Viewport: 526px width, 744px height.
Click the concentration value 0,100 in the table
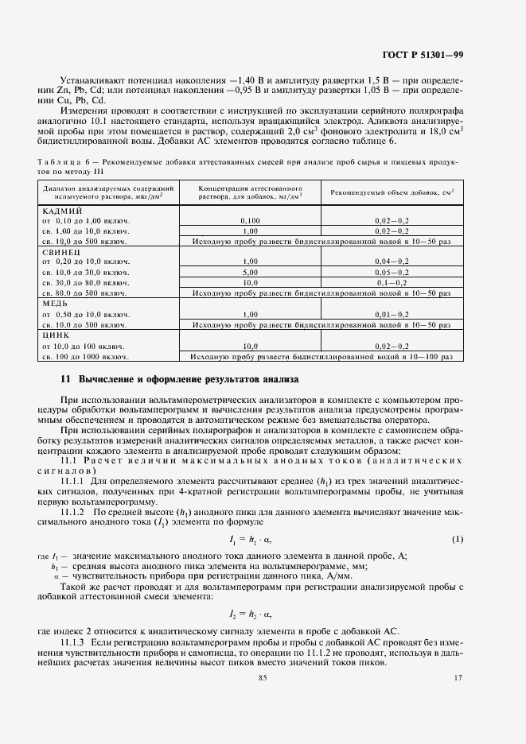[x=251, y=219]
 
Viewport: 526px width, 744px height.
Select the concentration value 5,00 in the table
[x=251, y=272]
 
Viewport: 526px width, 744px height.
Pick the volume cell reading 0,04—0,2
[x=392, y=262]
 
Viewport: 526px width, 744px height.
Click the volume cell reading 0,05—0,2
[x=392, y=272]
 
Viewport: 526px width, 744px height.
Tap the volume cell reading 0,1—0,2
[x=392, y=282]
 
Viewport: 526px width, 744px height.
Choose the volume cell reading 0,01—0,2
[x=392, y=315]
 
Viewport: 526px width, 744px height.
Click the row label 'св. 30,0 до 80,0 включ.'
[x=85, y=282]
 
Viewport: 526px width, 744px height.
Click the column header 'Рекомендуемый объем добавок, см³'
[x=392, y=192]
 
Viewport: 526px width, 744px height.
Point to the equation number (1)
[x=457, y=540]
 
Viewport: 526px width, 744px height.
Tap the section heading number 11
[x=67, y=378]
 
